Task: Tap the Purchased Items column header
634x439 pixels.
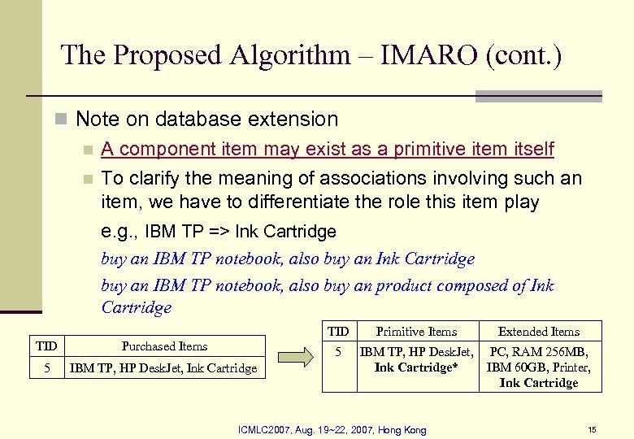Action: [x=164, y=346]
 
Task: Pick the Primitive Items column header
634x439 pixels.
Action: [x=416, y=331]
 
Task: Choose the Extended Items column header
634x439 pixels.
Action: [x=539, y=331]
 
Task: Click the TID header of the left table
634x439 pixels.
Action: [x=46, y=346]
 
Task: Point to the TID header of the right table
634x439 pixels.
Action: [x=338, y=331]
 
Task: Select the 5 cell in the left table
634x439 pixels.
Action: [x=47, y=368]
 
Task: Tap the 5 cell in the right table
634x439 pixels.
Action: [x=338, y=352]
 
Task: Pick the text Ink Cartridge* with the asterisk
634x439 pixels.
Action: [x=416, y=367]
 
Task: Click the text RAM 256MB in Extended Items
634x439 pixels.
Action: [x=560, y=352]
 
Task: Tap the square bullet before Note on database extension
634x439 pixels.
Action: [x=59, y=120]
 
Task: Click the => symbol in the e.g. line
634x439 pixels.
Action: [x=219, y=232]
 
